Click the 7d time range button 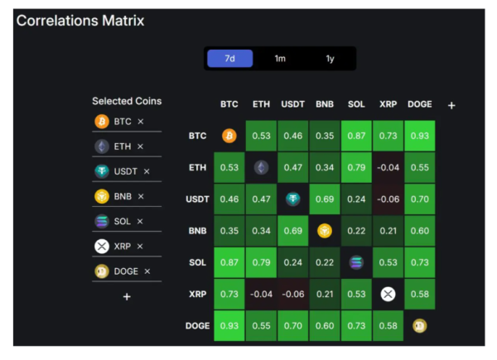point(230,59)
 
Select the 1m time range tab point(280,59)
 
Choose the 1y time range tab point(330,59)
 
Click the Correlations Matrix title point(80,20)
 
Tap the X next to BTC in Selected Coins point(141,122)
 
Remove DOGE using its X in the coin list point(147,271)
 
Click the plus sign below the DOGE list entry point(127,296)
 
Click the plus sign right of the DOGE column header point(451,105)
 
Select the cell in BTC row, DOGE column point(420,136)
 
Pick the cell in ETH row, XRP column point(388,167)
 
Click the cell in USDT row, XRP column point(388,199)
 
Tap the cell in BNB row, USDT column point(292,230)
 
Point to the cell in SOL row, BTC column point(229,262)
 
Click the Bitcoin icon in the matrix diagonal point(229,136)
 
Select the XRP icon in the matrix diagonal point(388,294)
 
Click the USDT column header point(292,105)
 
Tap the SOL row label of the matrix point(197,262)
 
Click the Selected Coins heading point(127,101)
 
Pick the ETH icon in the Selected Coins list point(102,146)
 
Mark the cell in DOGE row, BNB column point(325,325)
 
